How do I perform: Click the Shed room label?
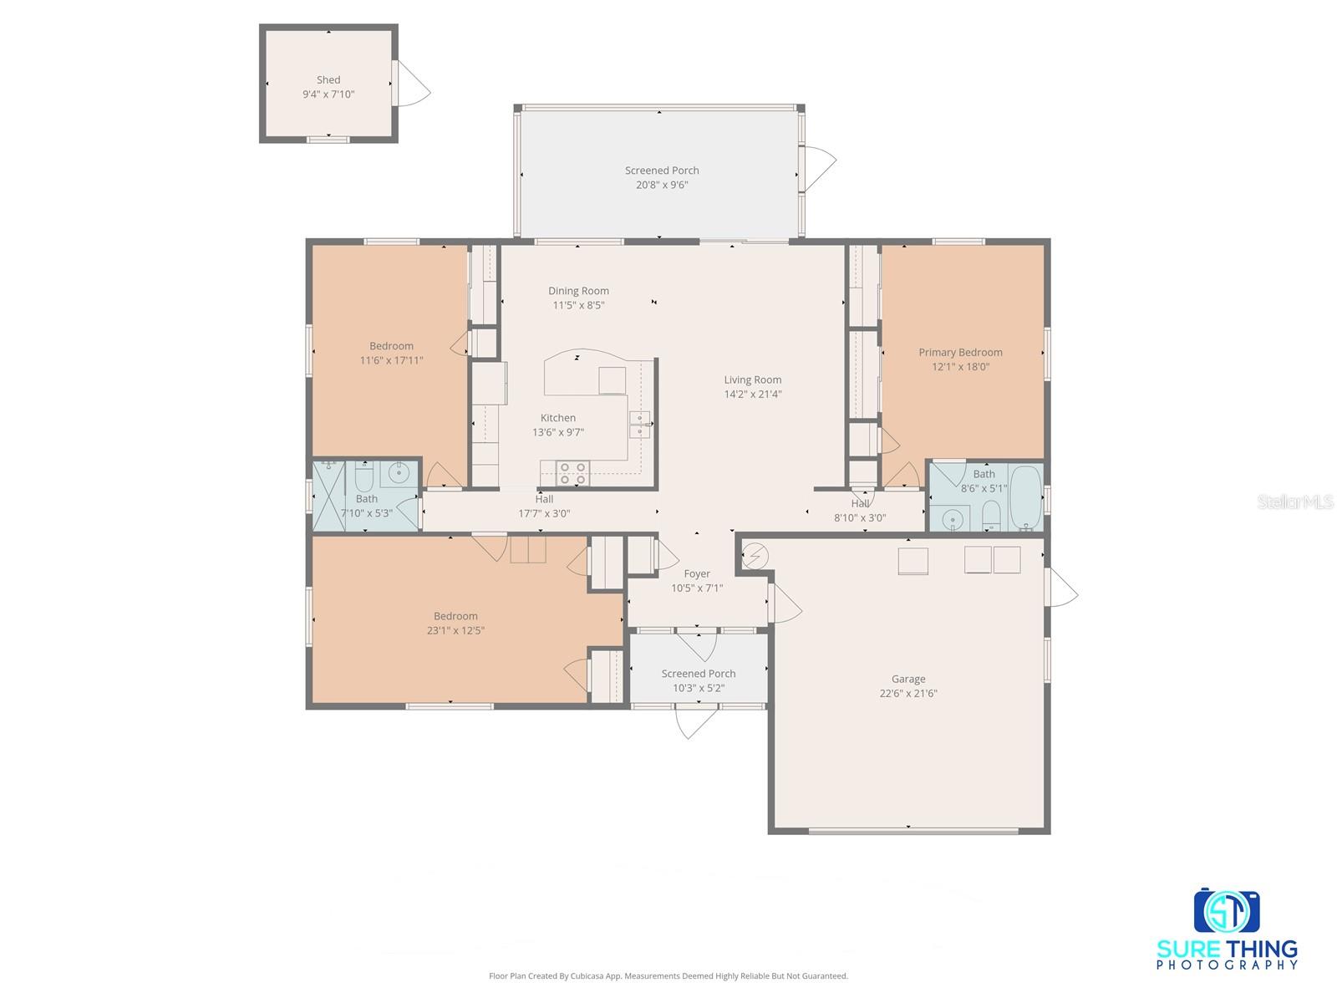click(328, 80)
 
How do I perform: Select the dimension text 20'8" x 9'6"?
click(662, 185)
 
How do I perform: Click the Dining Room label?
click(578, 291)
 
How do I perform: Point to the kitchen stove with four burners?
click(573, 473)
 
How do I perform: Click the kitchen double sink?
click(639, 425)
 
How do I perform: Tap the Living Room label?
click(752, 379)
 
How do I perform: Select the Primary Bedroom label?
click(960, 353)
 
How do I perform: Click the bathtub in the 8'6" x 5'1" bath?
click(1024, 499)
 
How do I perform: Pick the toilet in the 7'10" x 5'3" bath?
click(364, 477)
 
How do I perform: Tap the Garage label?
click(907, 679)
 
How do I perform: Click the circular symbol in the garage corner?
click(755, 555)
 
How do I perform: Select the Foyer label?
click(697, 574)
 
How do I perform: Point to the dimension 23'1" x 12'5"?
click(455, 631)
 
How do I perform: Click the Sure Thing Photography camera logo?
click(1226, 912)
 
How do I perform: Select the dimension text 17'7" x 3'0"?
click(544, 514)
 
